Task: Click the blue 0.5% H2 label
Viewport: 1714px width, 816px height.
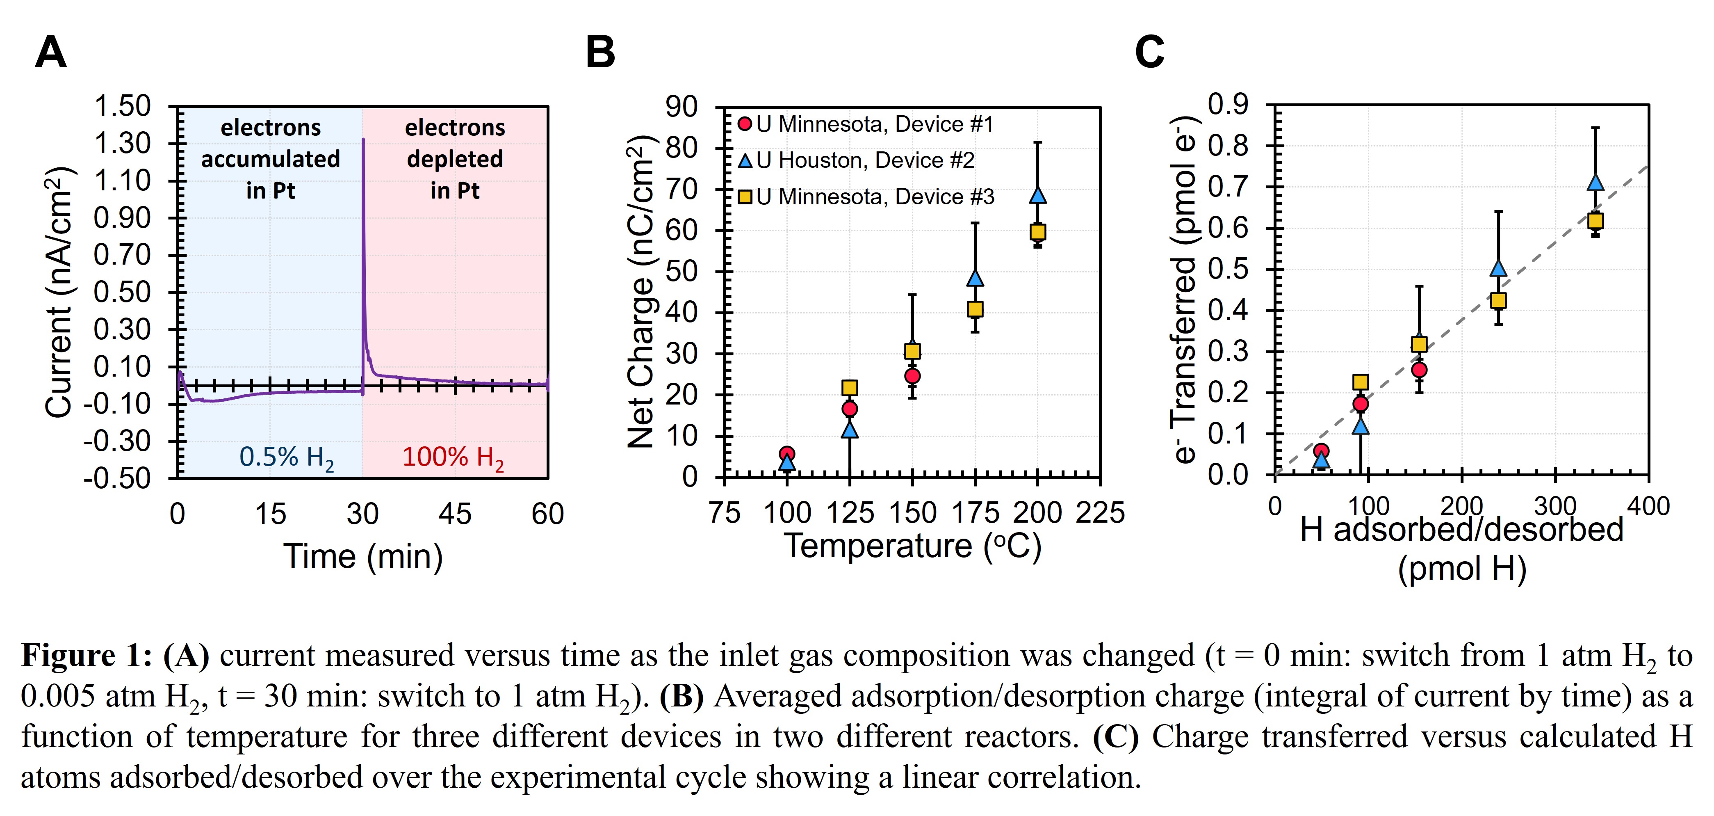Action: coord(286,457)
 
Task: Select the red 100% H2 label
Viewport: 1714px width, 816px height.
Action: coord(452,457)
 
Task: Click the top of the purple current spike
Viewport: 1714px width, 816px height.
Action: coord(363,140)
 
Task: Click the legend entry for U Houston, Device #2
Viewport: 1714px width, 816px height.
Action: coord(865,160)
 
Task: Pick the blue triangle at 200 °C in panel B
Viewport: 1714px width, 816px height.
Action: coord(1038,195)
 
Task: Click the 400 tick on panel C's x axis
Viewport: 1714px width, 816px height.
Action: coord(1648,506)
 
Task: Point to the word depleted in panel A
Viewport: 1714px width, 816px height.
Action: coord(455,159)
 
